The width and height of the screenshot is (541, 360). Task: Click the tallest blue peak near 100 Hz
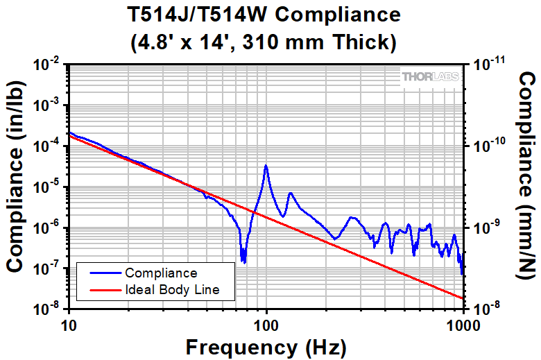(266, 166)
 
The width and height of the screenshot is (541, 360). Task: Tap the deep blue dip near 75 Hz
(243, 260)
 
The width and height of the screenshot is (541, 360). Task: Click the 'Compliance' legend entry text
(161, 273)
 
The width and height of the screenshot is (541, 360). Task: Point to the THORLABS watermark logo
(430, 78)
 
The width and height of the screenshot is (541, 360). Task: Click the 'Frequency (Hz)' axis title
(266, 346)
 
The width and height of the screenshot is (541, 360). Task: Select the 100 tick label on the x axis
(266, 324)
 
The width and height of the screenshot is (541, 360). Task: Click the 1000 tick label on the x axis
(463, 324)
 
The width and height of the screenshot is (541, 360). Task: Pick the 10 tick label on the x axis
(69, 324)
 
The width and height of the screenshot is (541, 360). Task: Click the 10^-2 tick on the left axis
(51, 65)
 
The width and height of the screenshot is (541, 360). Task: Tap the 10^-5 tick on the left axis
(51, 187)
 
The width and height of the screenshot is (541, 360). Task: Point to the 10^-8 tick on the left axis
(51, 309)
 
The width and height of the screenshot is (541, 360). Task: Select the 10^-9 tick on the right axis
(488, 228)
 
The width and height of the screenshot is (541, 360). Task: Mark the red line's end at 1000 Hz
(463, 298)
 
